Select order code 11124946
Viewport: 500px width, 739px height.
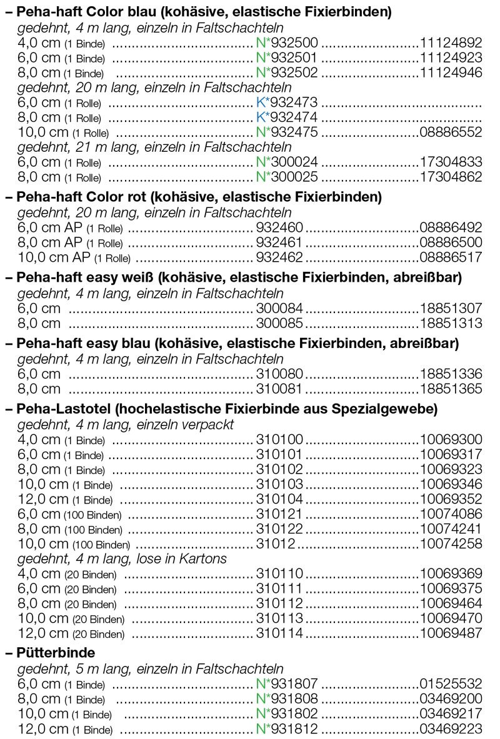(x=451, y=73)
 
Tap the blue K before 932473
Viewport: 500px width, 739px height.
(x=261, y=102)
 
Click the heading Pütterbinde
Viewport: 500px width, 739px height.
(x=56, y=653)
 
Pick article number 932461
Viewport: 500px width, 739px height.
(x=279, y=242)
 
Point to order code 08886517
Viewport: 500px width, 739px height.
(x=451, y=257)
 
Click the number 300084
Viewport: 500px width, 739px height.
(x=279, y=308)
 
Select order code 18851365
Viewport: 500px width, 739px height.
(x=451, y=389)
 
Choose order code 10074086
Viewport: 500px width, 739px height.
(x=451, y=514)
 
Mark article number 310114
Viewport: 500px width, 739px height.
(x=279, y=633)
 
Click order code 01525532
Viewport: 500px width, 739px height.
(x=451, y=684)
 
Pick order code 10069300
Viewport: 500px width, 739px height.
(x=451, y=439)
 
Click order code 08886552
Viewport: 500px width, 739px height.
(x=451, y=132)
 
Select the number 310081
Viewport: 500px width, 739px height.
(x=279, y=389)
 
